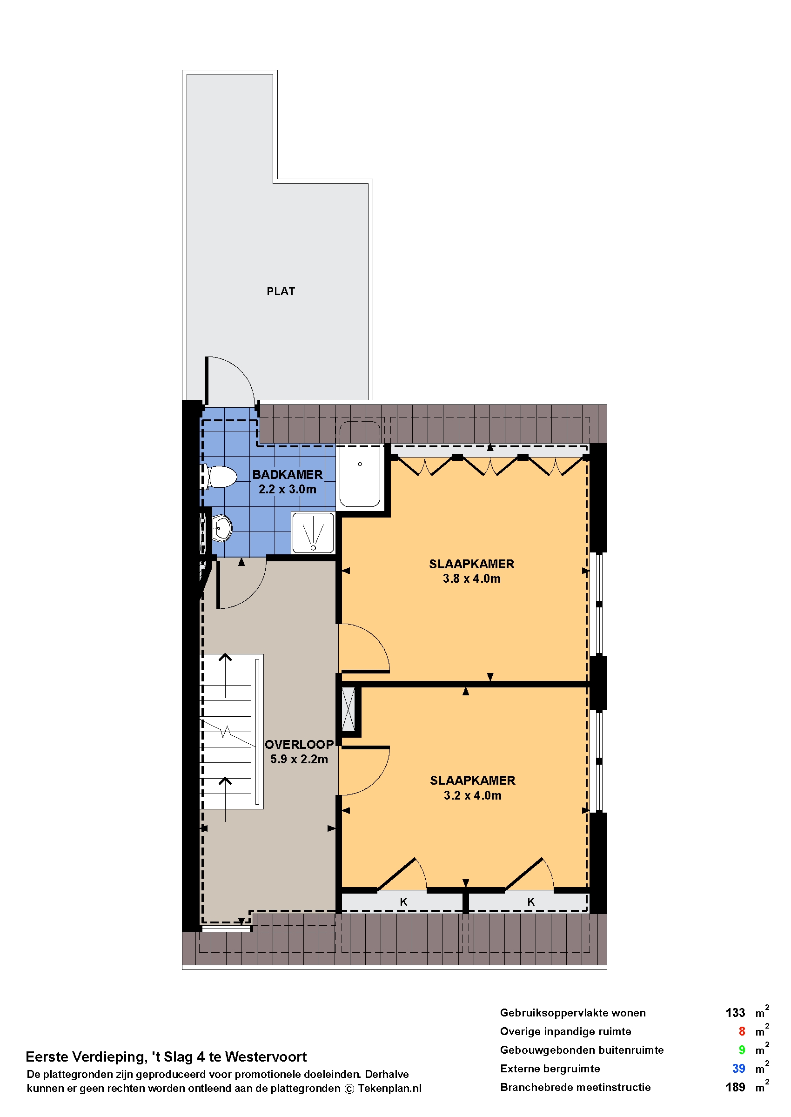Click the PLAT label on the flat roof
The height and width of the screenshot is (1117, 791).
pyautogui.click(x=281, y=291)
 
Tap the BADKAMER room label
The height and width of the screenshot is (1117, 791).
pyautogui.click(x=288, y=474)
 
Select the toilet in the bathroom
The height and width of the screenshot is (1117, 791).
pyautogui.click(x=220, y=477)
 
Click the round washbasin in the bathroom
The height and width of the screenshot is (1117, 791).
pyautogui.click(x=222, y=528)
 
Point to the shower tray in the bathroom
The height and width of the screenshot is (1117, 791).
pyautogui.click(x=313, y=532)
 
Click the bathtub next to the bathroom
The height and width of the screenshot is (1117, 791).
pyautogui.click(x=360, y=464)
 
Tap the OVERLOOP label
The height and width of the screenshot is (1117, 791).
pyautogui.click(x=299, y=745)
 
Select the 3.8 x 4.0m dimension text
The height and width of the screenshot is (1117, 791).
pyautogui.click(x=471, y=579)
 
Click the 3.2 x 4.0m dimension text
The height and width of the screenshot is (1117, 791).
pyautogui.click(x=472, y=795)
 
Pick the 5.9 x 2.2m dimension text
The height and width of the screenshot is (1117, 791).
pyautogui.click(x=299, y=760)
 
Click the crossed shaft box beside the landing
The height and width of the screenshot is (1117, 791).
pyautogui.click(x=348, y=709)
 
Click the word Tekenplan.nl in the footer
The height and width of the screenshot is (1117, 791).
pyautogui.click(x=389, y=1089)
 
